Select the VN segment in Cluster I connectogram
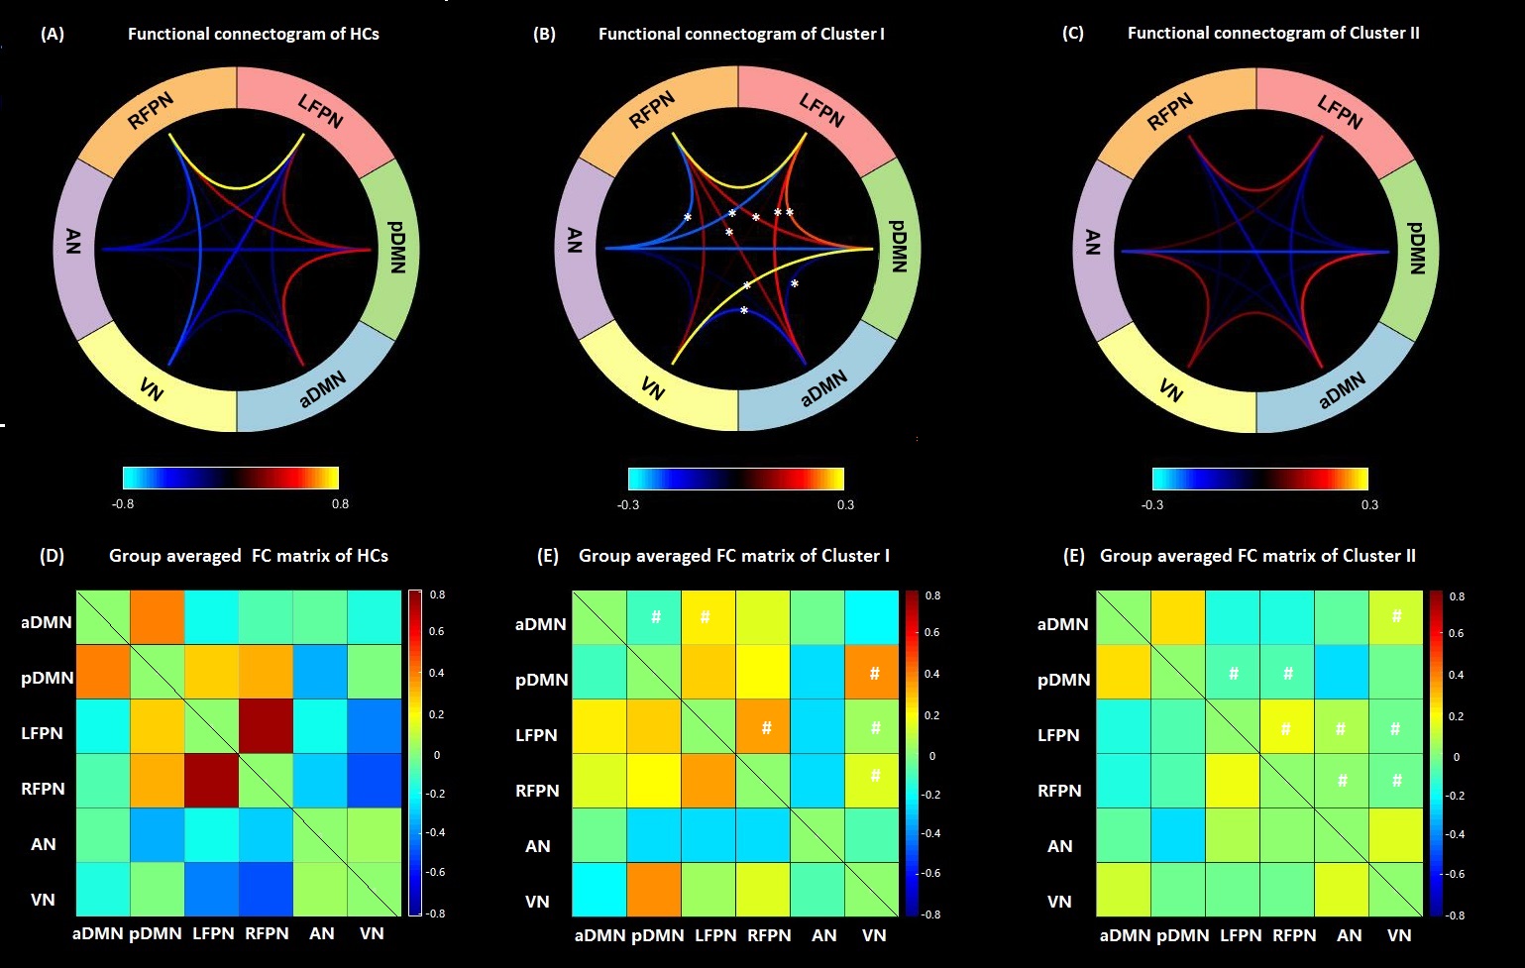(x=651, y=387)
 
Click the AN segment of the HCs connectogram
(x=72, y=242)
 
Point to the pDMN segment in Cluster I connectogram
(x=898, y=246)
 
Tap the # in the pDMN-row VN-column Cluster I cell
(x=874, y=674)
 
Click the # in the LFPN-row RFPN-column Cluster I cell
(x=766, y=728)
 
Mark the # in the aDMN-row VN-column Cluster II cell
(x=1396, y=616)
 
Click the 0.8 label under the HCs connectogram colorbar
(x=340, y=503)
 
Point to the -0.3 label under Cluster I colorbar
(x=627, y=504)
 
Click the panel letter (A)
(x=53, y=34)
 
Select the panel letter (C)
(x=1072, y=33)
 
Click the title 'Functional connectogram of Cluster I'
(x=741, y=34)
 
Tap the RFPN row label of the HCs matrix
(x=44, y=789)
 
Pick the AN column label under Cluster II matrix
(x=1350, y=935)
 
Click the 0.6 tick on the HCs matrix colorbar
(x=436, y=631)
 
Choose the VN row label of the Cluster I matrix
(x=537, y=902)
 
